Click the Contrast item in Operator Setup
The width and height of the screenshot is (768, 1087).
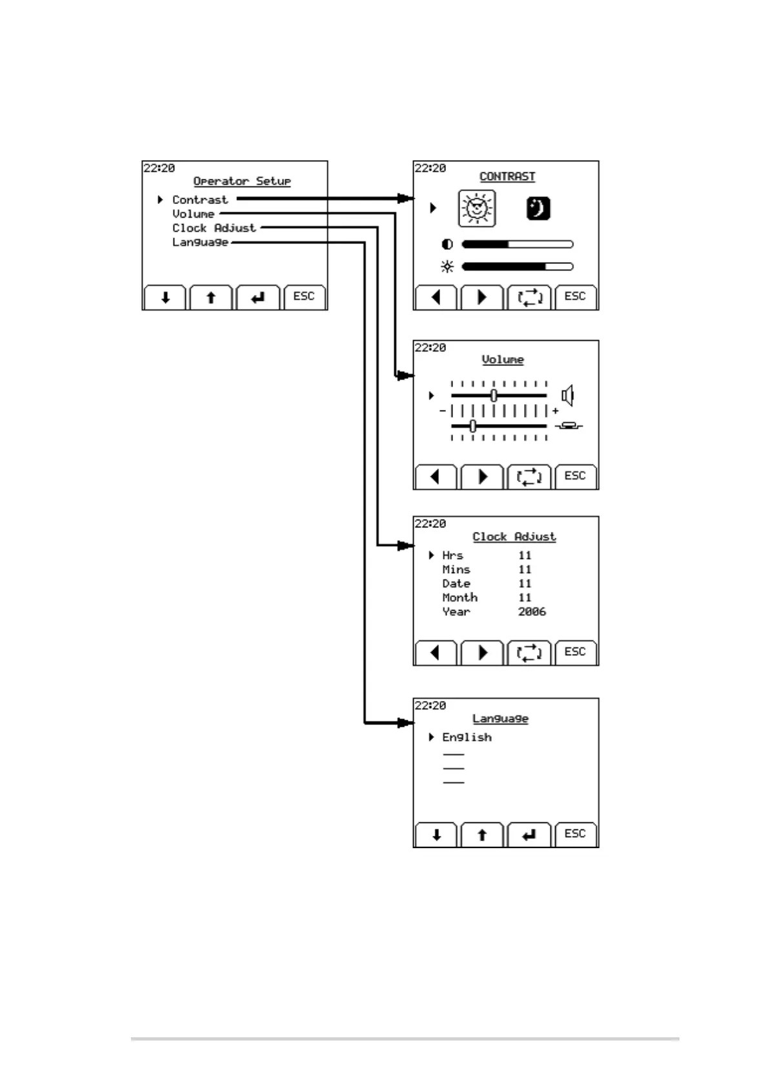[199, 200]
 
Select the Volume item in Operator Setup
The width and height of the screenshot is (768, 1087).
[193, 214]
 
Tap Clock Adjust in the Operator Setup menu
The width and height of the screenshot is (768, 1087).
[214, 229]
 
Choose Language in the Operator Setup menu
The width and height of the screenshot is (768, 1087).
[200, 243]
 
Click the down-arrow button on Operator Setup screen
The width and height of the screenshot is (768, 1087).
[165, 298]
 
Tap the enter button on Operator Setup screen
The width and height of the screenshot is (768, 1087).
[258, 298]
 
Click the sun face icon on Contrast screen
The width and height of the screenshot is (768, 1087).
[477, 208]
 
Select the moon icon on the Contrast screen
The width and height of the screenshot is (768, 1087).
[538, 208]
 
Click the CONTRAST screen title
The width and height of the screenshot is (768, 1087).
[507, 176]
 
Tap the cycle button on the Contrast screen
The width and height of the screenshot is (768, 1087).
[529, 298]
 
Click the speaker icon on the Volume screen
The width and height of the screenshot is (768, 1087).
[567, 395]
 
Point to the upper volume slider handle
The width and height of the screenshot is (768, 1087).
[494, 395]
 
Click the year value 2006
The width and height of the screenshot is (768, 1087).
[532, 611]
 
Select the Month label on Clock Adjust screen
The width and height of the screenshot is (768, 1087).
[460, 598]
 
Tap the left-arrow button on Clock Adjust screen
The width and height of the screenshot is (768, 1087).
[436, 653]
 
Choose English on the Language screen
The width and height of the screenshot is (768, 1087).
[467, 737]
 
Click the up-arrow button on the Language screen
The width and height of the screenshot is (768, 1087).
[482, 835]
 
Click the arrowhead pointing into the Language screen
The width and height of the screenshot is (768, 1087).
[405, 723]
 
